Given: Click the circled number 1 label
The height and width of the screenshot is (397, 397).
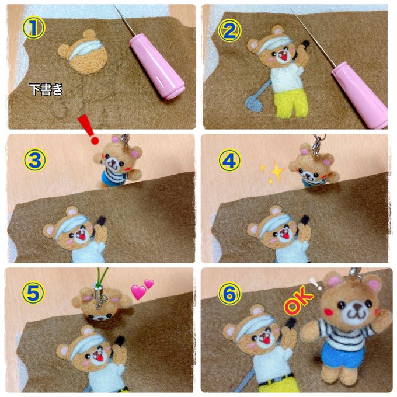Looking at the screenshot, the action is (x=34, y=27).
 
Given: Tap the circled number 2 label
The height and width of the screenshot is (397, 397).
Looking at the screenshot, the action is (x=229, y=30).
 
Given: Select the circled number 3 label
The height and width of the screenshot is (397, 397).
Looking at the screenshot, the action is (x=35, y=160).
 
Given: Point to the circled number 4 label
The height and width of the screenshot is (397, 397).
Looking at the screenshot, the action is (x=229, y=161).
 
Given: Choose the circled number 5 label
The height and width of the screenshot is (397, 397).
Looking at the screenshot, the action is (x=33, y=292).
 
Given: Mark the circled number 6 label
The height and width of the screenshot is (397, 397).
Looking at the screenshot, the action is (x=229, y=294).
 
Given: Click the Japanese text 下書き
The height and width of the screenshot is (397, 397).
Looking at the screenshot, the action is (x=46, y=89).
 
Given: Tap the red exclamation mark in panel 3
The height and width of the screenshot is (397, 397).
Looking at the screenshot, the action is (x=89, y=130).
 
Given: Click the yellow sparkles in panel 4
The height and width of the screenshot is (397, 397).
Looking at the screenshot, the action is (x=273, y=172).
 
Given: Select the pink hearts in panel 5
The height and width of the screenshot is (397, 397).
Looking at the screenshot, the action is (x=142, y=289).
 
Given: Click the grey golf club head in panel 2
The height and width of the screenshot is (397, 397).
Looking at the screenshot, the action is (x=254, y=104).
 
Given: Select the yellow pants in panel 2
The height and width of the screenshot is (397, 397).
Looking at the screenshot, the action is (x=291, y=103).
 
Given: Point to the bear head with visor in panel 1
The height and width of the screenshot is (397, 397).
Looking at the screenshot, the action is (x=83, y=53).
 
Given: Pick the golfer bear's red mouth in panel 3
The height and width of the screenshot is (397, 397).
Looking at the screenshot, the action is (x=82, y=237).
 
